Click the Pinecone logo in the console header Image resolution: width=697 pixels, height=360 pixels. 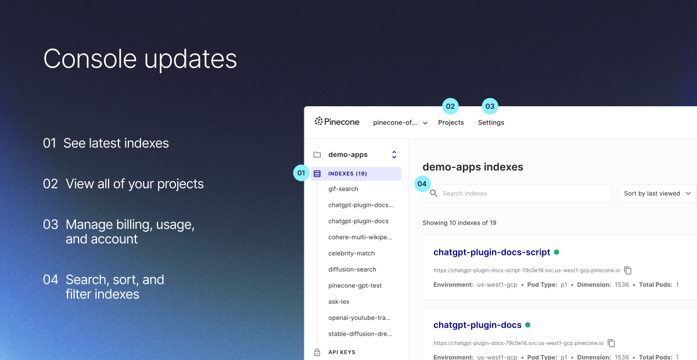[337, 122]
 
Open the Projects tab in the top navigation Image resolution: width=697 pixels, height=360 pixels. [451, 123]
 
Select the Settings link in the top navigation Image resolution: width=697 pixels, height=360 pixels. [491, 123]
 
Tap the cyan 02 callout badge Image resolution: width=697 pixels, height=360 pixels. [450, 106]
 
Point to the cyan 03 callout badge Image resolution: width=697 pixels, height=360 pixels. [490, 106]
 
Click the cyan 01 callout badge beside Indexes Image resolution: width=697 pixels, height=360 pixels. [301, 172]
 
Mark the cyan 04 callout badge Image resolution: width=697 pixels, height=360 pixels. [422, 183]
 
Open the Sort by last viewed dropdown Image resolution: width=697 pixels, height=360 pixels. [657, 193]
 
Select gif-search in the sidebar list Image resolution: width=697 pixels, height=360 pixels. [343, 189]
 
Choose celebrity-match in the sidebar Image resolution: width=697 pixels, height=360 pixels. [351, 253]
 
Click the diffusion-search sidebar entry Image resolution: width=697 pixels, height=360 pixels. [352, 269]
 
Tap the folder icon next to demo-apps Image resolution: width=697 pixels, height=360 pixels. [317, 155]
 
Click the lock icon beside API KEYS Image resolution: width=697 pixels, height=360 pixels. [317, 352]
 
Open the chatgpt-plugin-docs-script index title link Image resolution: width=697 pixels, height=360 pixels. [491, 252]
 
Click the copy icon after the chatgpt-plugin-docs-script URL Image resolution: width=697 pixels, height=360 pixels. [628, 270]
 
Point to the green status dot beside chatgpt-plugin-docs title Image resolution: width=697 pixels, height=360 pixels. [528, 325]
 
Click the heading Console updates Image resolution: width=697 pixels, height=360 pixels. [140, 59]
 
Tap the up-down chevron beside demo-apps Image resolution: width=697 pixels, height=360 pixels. [394, 154]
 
